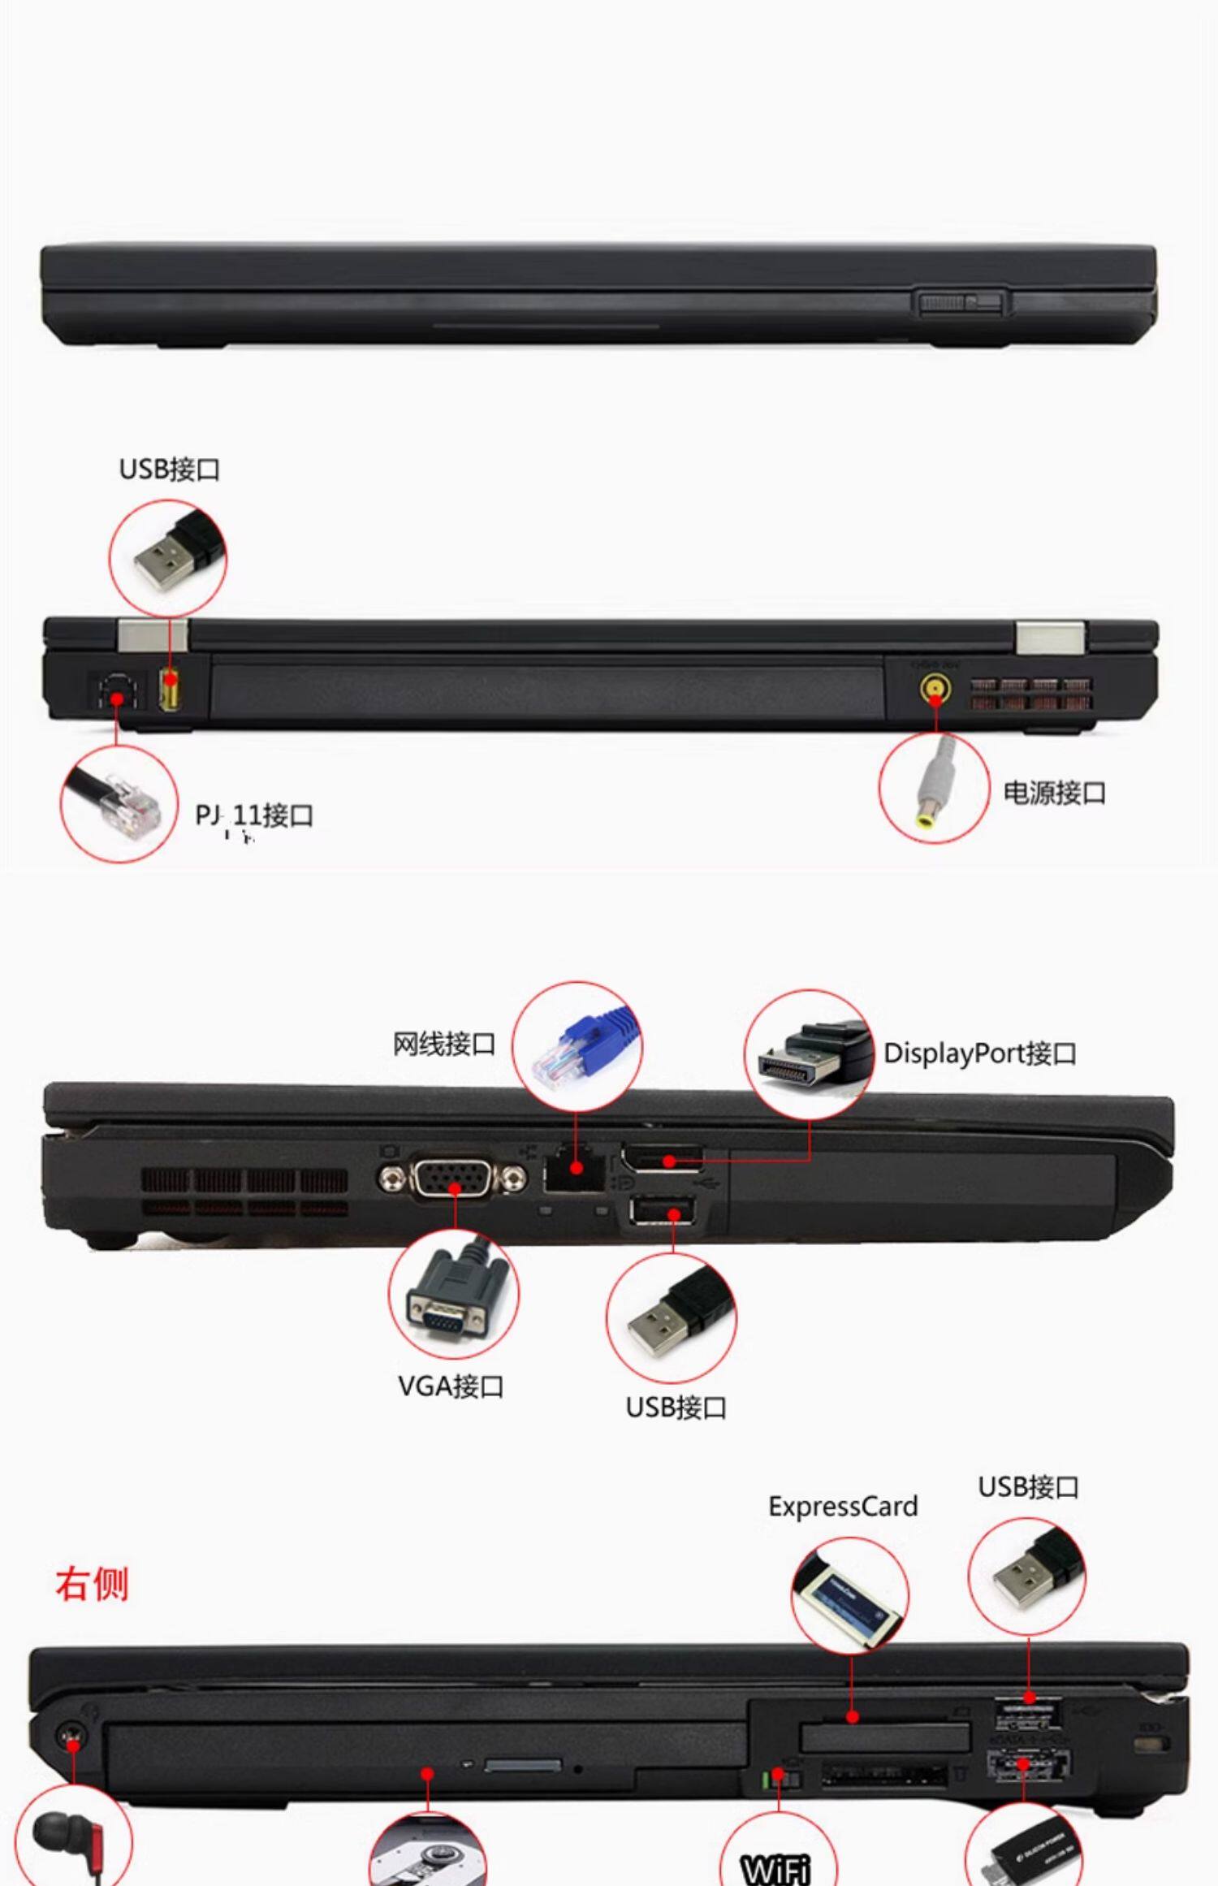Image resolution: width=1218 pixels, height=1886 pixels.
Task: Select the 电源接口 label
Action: point(1054,793)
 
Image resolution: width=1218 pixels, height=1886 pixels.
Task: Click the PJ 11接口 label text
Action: point(254,815)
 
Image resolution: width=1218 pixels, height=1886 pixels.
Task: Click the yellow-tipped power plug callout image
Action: point(934,787)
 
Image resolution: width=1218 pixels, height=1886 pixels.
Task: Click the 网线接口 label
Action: point(443,1044)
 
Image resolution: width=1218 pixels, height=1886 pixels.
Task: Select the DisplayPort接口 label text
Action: point(979,1053)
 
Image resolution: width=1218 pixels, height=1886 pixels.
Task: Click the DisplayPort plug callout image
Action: point(809,1055)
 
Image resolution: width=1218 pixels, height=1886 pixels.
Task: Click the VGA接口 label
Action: point(451,1386)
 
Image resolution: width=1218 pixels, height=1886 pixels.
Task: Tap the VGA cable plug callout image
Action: point(453,1294)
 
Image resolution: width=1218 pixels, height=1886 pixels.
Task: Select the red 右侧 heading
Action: point(92,1584)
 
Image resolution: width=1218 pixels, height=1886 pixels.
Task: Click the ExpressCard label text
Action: point(843,1507)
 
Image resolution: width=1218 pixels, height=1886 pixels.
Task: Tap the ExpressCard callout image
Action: point(849,1595)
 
